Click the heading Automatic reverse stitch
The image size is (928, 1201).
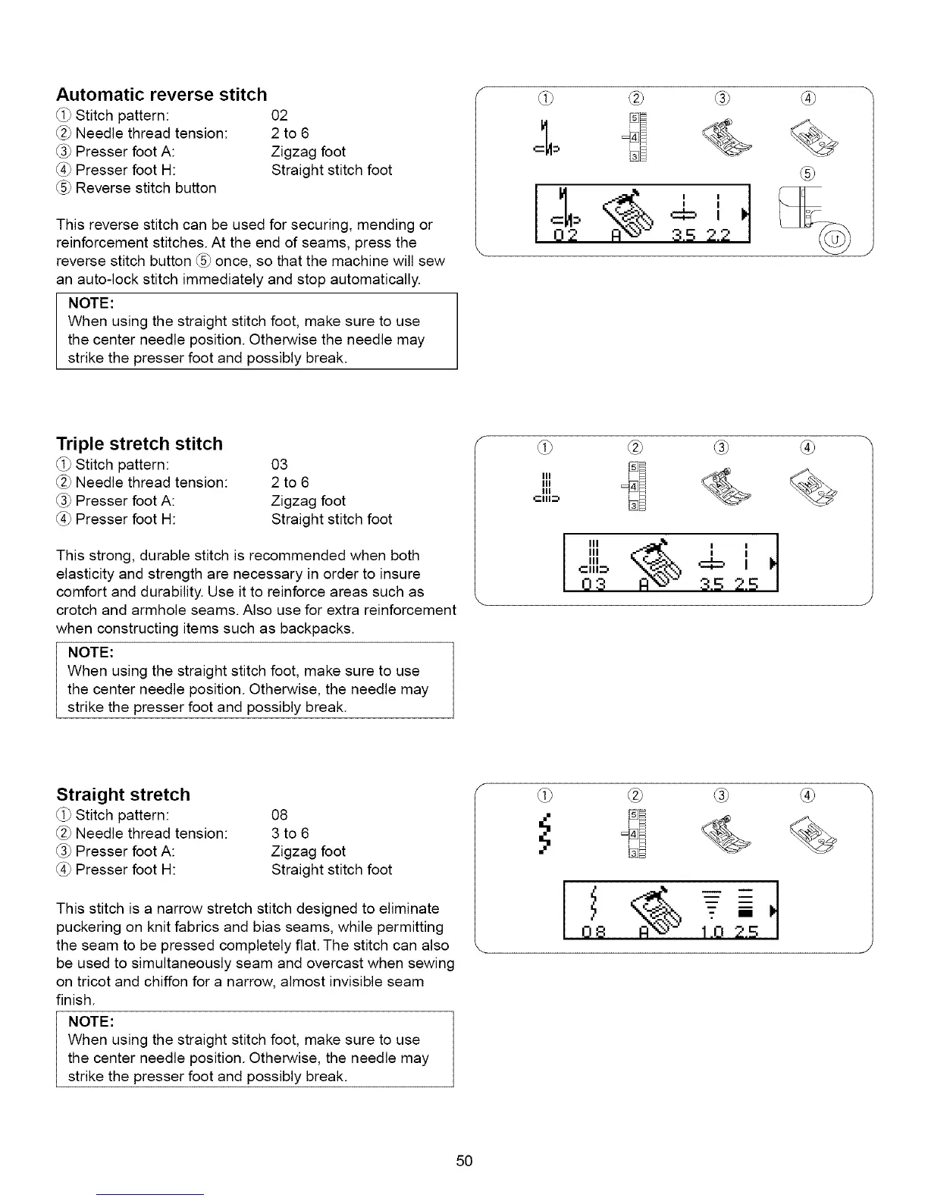[161, 95]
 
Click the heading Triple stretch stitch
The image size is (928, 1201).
[140, 444]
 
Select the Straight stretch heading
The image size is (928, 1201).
[123, 795]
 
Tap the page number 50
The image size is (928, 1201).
[465, 1161]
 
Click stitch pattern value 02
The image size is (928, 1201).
[280, 116]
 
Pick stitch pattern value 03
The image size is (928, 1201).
[280, 465]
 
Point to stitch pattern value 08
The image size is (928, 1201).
[280, 815]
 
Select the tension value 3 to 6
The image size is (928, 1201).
[290, 833]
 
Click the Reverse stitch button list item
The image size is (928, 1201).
[146, 188]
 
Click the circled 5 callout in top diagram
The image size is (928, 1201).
[808, 174]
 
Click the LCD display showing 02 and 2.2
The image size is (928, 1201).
[641, 213]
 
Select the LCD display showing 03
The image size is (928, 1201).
[670, 562]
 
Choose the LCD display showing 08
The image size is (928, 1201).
[670, 911]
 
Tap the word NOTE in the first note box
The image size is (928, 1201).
[90, 303]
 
